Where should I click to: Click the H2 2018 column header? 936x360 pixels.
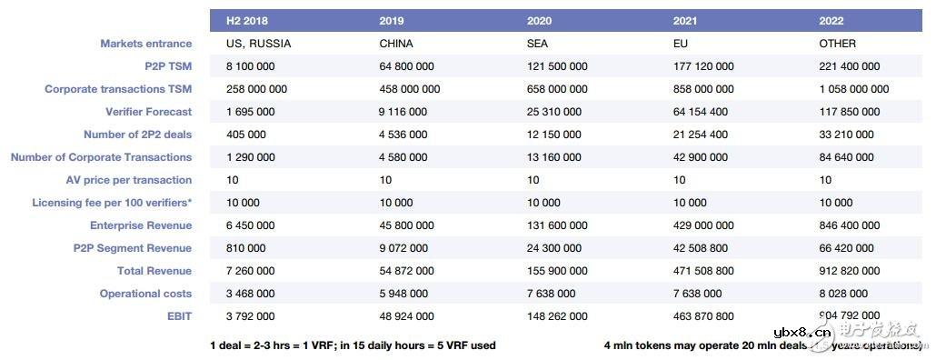pos(248,20)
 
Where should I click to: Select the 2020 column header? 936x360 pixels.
pos(539,20)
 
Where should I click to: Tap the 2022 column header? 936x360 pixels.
pos(831,20)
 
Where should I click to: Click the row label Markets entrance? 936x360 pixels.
pos(145,44)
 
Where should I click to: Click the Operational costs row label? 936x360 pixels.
pos(145,294)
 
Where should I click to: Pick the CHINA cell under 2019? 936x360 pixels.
pos(395,44)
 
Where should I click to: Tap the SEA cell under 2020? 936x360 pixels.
pos(538,44)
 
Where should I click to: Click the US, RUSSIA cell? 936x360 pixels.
pos(257,44)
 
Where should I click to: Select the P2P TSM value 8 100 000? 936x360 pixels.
pos(251,66)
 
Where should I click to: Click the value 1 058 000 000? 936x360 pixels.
pos(854,89)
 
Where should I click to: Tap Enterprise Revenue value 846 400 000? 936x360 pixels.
pos(850,225)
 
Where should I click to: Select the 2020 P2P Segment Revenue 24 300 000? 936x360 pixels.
pos(556,248)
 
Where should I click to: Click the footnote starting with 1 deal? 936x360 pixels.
pos(353,345)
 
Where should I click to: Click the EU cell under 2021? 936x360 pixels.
pos(680,44)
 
